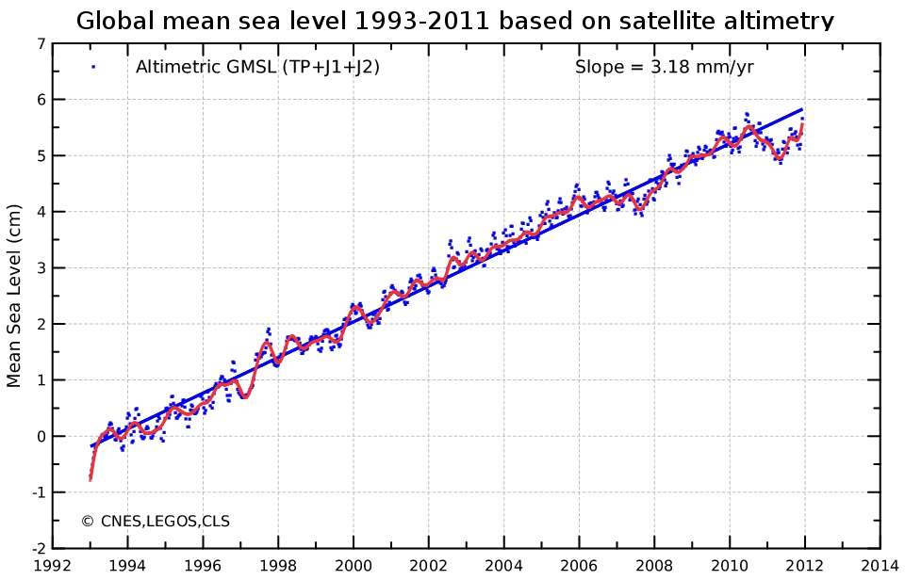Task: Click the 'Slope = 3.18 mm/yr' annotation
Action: pyautogui.click(x=664, y=67)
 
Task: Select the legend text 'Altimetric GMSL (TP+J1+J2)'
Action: pyautogui.click(x=257, y=67)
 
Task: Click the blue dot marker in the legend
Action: pyautogui.click(x=93, y=66)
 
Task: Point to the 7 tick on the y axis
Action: pyautogui.click(x=40, y=43)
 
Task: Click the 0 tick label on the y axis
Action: pyautogui.click(x=40, y=436)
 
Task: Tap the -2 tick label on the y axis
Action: pyautogui.click(x=37, y=548)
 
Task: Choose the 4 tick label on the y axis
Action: pyautogui.click(x=40, y=212)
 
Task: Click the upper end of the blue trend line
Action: pyautogui.click(x=802, y=109)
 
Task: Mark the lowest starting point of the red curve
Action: pyautogui.click(x=90, y=479)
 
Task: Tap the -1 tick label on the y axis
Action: pyautogui.click(x=37, y=492)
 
